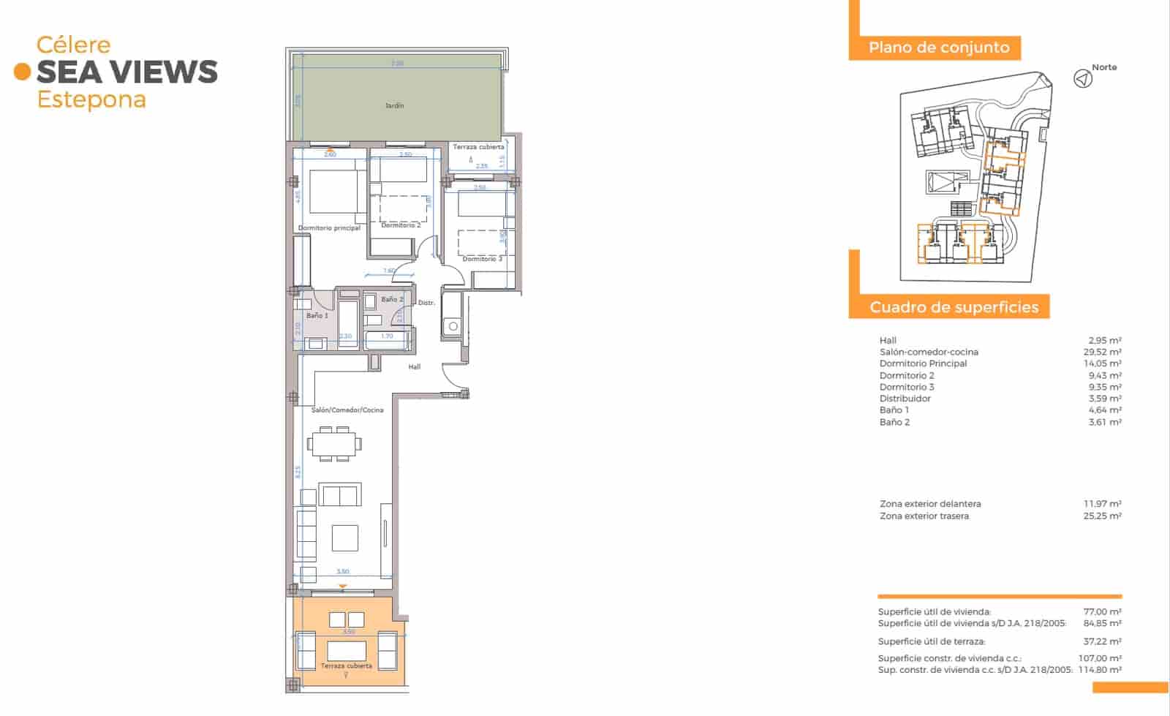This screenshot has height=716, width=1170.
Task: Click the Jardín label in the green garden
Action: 395,106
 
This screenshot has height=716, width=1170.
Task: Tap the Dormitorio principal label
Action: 329,228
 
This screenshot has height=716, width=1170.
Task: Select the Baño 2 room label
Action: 392,299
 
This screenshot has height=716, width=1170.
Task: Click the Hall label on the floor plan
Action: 415,367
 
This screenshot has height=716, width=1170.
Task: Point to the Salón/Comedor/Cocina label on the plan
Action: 347,410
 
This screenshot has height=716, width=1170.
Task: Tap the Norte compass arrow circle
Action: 1083,78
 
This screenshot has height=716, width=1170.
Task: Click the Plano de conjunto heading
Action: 939,48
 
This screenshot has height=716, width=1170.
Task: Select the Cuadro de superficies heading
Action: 954,307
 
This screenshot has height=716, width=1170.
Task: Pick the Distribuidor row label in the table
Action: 905,399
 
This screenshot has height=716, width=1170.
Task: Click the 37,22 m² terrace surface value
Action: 1103,641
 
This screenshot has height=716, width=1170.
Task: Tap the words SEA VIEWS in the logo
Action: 127,72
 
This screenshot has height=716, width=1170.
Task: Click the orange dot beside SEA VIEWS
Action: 23,72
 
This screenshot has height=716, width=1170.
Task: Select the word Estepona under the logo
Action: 91,99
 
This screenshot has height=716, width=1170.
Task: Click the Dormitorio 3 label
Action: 482,259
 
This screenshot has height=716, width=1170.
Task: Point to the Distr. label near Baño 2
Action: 426,303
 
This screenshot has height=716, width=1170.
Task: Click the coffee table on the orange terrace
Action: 347,650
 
